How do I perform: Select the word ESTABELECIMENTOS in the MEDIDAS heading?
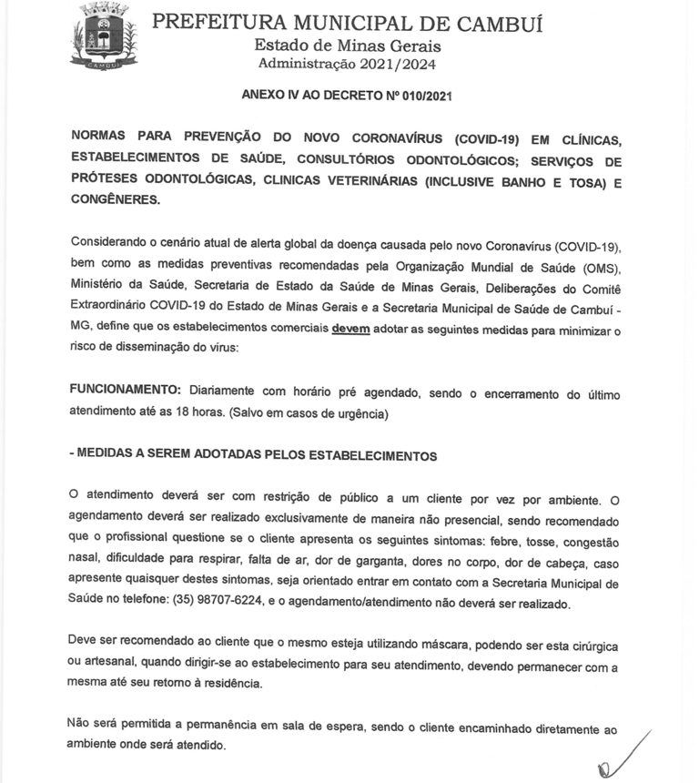coord(371,457)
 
